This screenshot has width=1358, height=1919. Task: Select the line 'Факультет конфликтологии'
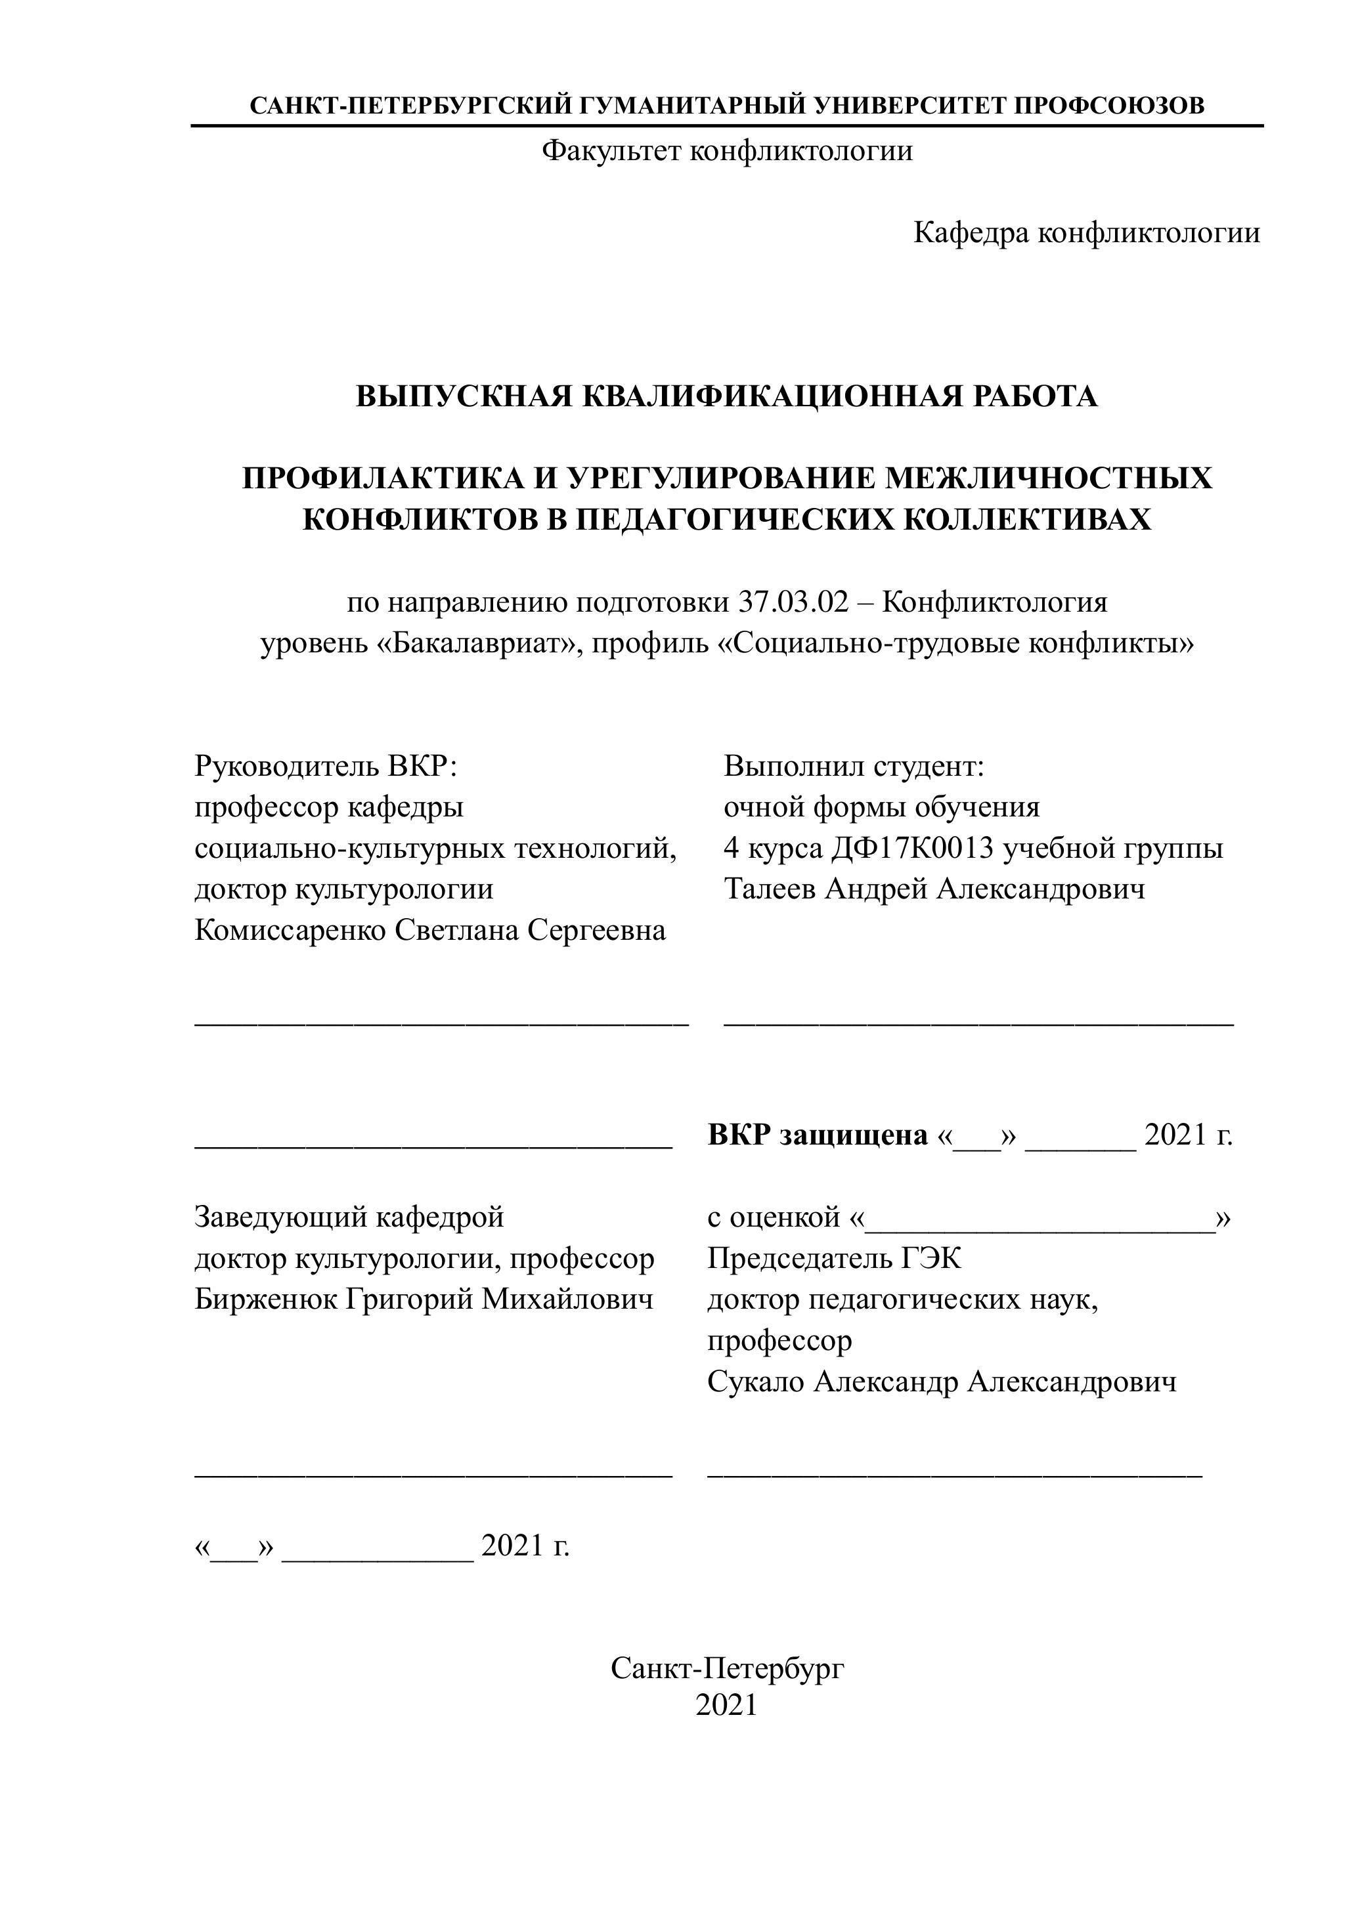click(727, 152)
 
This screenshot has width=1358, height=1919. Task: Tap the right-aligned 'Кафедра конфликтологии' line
click(1086, 232)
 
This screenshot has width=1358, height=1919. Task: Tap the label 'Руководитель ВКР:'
click(327, 766)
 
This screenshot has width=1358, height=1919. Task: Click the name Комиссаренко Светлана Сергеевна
click(430, 930)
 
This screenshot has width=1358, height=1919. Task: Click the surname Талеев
click(770, 889)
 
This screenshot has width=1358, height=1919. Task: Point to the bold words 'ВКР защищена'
click(818, 1135)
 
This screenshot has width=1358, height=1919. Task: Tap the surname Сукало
click(755, 1381)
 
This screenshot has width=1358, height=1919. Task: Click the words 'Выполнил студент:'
click(854, 766)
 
